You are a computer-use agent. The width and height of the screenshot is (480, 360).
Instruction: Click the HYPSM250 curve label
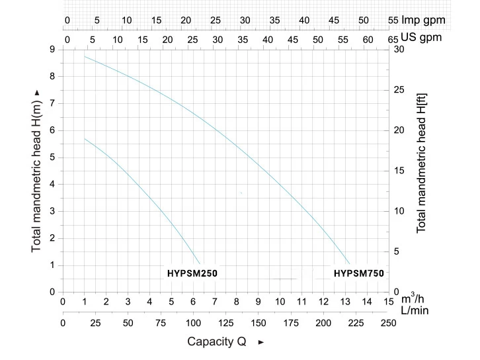(192, 273)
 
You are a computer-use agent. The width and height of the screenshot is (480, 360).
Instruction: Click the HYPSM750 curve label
(358, 273)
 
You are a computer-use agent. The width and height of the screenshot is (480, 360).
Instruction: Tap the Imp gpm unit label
(423, 20)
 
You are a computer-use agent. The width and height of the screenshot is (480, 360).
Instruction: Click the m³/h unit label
(414, 298)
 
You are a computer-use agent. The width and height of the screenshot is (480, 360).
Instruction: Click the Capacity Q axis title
(216, 341)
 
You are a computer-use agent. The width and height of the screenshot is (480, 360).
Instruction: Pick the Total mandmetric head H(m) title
(37, 170)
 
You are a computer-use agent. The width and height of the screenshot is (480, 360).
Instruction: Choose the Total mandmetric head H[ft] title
(421, 163)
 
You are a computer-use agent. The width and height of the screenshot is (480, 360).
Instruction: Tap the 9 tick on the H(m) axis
(52, 50)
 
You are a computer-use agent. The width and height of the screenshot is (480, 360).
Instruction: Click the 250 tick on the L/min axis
(388, 323)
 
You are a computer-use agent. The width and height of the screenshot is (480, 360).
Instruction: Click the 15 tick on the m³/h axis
(388, 302)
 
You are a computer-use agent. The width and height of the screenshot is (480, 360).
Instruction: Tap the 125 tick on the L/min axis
(225, 323)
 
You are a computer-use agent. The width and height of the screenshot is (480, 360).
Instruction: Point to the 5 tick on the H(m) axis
(52, 157)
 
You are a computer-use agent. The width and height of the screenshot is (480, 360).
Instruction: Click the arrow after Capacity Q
(260, 342)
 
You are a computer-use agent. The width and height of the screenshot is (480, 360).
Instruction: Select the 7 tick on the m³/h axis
(215, 302)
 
